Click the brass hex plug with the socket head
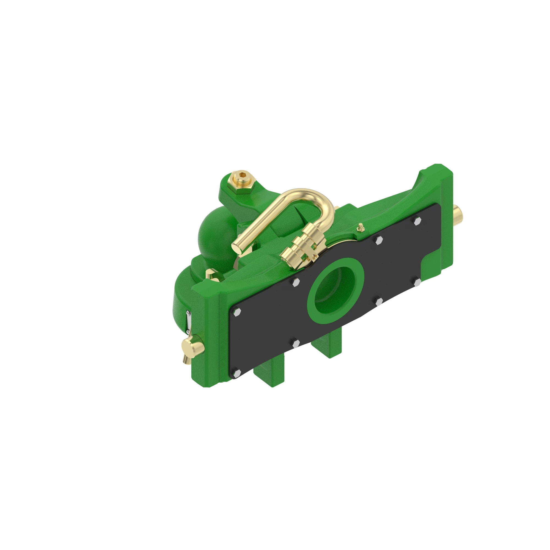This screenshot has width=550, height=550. [x=242, y=179]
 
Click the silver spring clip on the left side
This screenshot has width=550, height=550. [x=188, y=322]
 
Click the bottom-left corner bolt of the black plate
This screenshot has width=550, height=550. [x=236, y=373]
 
